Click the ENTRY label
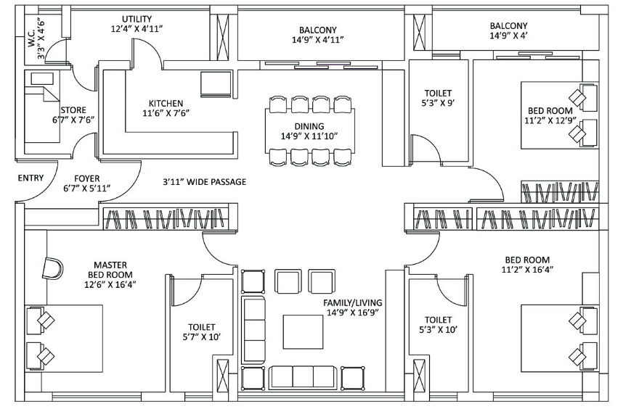[x=30, y=178]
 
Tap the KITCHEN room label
[x=166, y=103]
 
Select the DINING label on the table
[x=309, y=126]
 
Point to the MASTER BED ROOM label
[x=110, y=270]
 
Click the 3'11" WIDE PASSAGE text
[x=205, y=182]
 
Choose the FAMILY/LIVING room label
[x=352, y=302]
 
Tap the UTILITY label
[x=137, y=19]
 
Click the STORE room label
[x=73, y=110]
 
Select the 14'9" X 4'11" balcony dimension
[x=318, y=40]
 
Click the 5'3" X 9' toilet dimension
[x=439, y=103]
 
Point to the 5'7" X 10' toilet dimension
[x=201, y=336]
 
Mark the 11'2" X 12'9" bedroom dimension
[x=550, y=120]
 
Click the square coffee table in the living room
[x=303, y=332]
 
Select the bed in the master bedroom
[x=65, y=338]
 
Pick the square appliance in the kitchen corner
[x=216, y=83]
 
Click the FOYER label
[x=87, y=178]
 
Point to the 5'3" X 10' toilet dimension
[x=439, y=330]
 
